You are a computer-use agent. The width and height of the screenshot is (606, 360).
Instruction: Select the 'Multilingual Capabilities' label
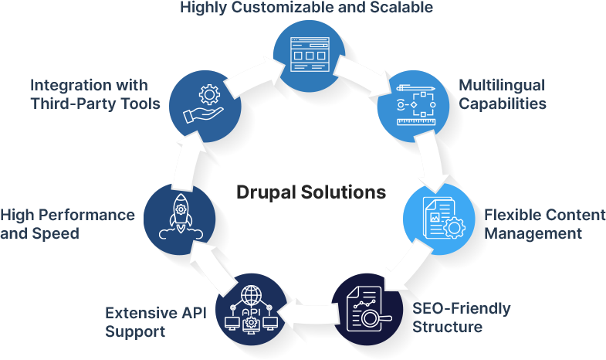click(x=502, y=93)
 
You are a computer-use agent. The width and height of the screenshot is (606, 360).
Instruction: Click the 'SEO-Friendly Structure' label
click(x=461, y=318)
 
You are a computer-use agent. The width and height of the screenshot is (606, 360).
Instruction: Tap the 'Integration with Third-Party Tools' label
click(x=95, y=93)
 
